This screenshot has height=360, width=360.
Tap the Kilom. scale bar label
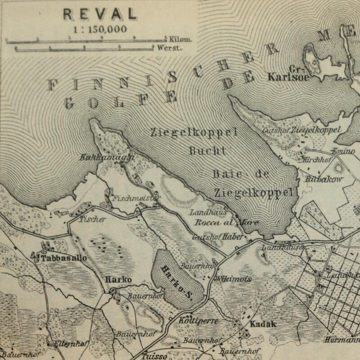180,39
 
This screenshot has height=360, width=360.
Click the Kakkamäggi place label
95,158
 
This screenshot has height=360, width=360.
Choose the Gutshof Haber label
214,237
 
